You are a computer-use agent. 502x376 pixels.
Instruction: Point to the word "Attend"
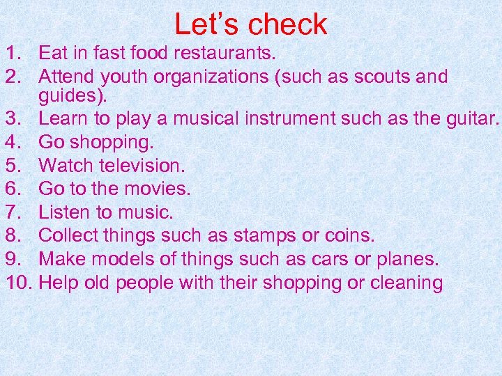coord(68,77)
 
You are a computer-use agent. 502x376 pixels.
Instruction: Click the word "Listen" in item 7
coord(68,212)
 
